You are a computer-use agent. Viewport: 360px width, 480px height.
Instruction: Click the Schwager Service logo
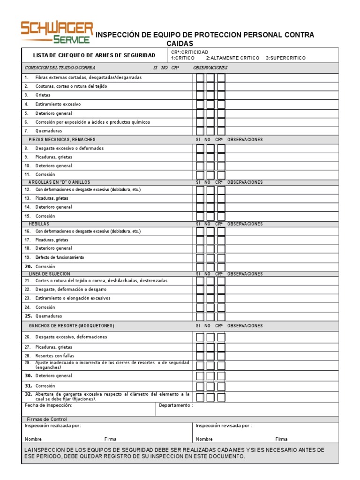pyautogui.click(x=57, y=32)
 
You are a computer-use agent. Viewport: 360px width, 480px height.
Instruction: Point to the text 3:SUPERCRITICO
pyautogui.click(x=285, y=58)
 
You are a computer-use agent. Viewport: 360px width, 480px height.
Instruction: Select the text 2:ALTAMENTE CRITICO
pyautogui.click(x=232, y=58)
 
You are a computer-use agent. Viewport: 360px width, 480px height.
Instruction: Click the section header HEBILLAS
pyautogui.click(x=39, y=224)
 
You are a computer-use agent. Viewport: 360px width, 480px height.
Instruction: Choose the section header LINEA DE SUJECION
pyautogui.click(x=49, y=273)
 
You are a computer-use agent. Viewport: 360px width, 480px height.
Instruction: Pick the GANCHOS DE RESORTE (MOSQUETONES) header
pyautogui.click(x=71, y=326)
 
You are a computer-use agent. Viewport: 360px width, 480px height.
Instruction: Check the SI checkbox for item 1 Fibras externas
pyautogui.click(x=200, y=78)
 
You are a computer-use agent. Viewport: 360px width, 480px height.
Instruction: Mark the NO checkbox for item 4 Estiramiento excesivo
pyautogui.click(x=210, y=105)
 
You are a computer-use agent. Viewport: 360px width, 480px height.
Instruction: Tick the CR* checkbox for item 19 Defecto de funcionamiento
pyautogui.click(x=221, y=258)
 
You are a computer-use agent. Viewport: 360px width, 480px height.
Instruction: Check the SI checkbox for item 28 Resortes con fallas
pyautogui.click(x=200, y=356)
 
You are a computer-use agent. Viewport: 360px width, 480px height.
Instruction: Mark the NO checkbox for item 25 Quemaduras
pyautogui.click(x=210, y=316)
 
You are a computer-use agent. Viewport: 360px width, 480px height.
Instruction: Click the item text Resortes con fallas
pyautogui.click(x=55, y=356)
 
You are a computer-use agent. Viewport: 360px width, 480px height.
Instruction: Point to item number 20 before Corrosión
pyautogui.click(x=28, y=266)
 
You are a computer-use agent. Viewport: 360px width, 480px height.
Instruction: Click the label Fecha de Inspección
pyautogui.click(x=49, y=405)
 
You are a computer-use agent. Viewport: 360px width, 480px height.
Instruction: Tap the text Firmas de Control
pyautogui.click(x=47, y=419)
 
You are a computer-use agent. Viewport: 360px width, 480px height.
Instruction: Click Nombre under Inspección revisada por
pyautogui.click(x=204, y=439)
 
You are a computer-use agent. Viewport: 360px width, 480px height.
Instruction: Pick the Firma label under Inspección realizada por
pyautogui.click(x=111, y=439)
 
